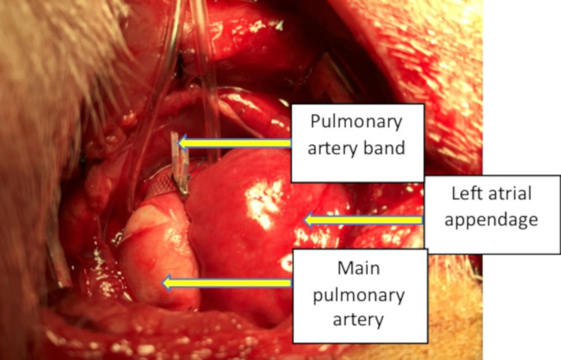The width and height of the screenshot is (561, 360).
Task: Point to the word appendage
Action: (491, 220)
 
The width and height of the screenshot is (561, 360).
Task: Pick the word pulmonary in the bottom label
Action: (358, 294)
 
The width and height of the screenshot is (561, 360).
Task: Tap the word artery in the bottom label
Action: (358, 320)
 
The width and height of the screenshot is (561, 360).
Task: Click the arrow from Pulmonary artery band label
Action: (236, 144)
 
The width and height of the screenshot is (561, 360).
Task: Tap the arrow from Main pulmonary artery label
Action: (227, 283)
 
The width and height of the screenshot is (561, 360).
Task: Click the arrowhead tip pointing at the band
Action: (180, 144)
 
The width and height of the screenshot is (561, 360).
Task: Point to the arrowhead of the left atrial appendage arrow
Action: (306, 220)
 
